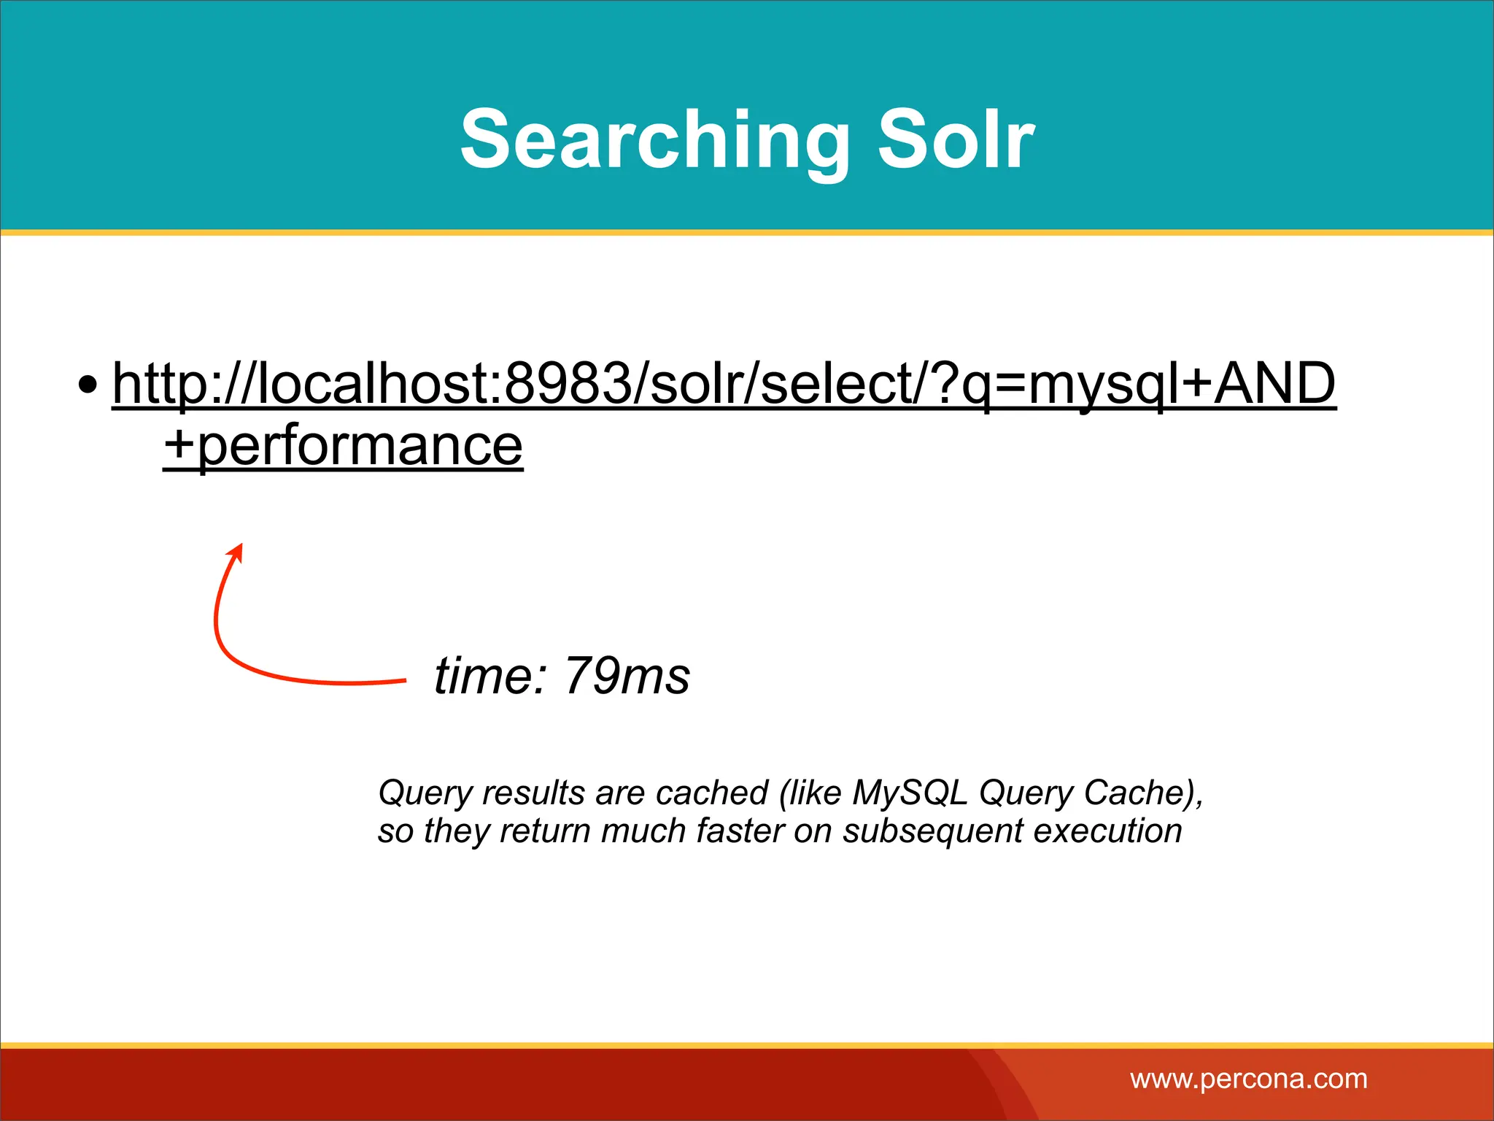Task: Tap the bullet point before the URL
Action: click(88, 385)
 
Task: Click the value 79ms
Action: click(627, 676)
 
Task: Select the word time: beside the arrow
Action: click(490, 676)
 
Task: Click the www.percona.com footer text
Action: click(1249, 1079)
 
